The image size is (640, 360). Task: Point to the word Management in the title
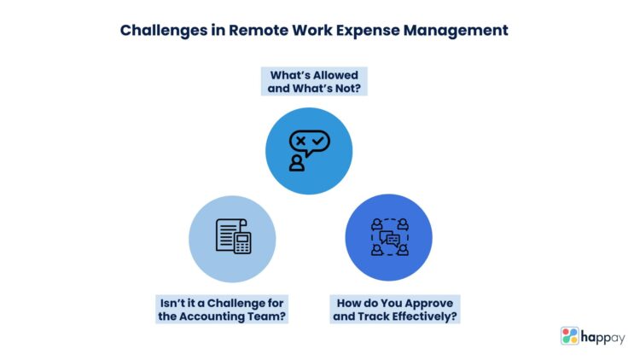tap(462, 30)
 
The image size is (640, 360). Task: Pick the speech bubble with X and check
tap(310, 141)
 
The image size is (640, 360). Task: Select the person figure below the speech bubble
tap(297, 162)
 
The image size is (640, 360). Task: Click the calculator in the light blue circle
tap(242, 243)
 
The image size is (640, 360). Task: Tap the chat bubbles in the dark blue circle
tap(388, 240)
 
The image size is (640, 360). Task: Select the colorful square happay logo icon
tap(570, 336)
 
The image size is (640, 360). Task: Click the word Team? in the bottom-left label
tap(270, 317)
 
